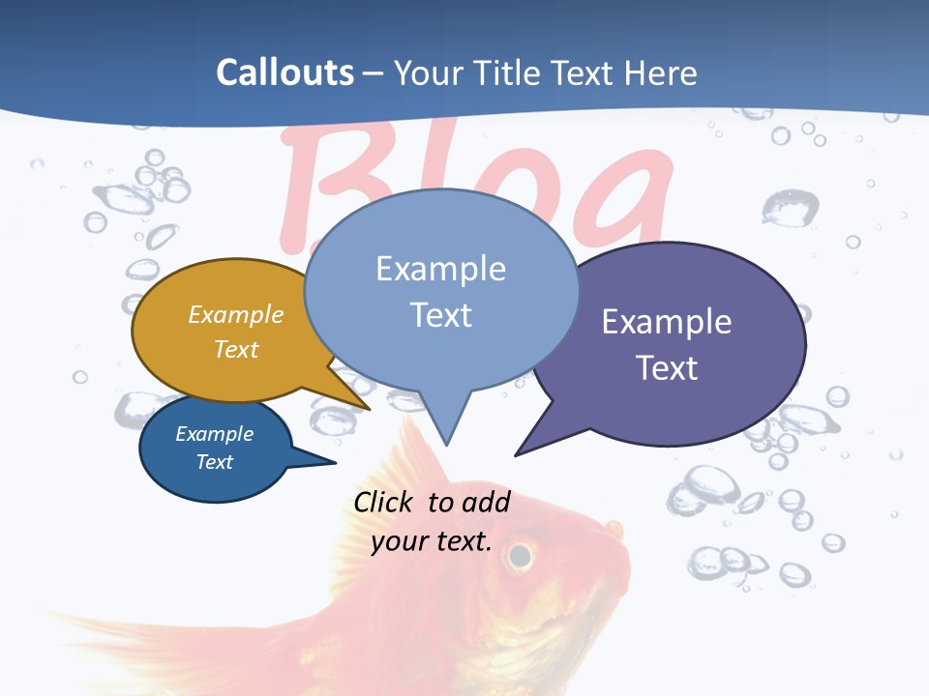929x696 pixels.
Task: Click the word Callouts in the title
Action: [285, 72]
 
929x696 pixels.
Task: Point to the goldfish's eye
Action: [521, 555]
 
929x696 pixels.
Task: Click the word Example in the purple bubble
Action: [667, 322]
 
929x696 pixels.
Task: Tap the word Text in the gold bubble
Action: [236, 349]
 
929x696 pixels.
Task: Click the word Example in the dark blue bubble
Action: [215, 434]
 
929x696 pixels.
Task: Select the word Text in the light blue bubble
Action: [441, 315]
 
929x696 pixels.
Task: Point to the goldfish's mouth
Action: [615, 529]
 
